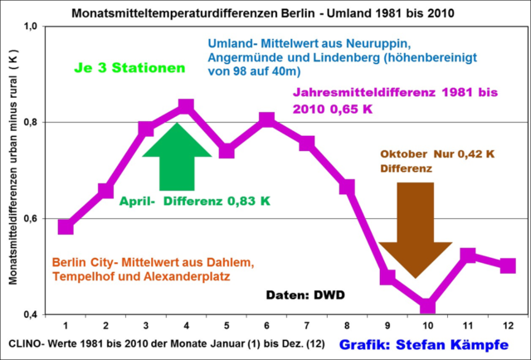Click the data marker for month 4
[x=186, y=107]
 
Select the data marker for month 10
[x=427, y=305]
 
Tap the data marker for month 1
[x=66, y=226]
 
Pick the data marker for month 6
[x=266, y=120]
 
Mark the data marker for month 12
[x=508, y=265]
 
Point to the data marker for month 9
[x=387, y=277]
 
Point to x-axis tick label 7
[x=307, y=326]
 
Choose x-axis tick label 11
[x=468, y=326]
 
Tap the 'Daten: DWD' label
[x=305, y=294]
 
